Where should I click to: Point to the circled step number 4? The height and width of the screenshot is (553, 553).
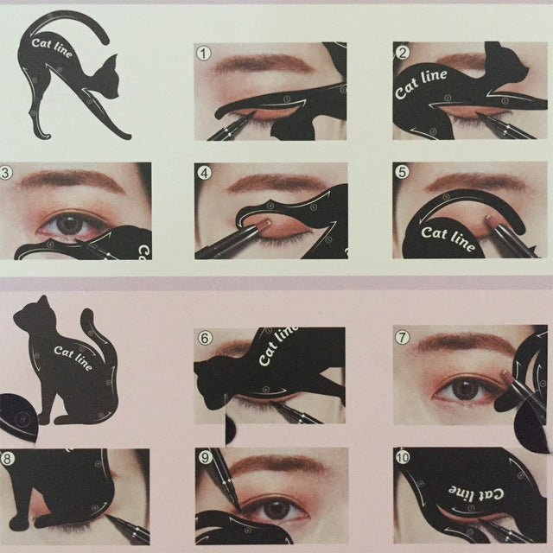point(205,173)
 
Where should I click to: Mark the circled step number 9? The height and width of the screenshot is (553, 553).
point(205,459)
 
